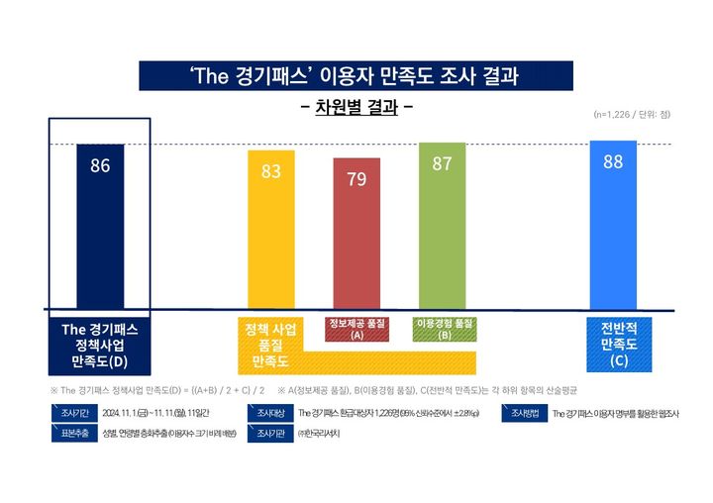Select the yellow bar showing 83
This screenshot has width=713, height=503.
pos(270,238)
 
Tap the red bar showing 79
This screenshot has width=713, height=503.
pos(356,243)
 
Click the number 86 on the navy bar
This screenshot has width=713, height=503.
pos(100,166)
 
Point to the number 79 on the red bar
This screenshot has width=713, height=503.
pos(356,179)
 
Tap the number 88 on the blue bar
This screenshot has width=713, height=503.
pos(613,161)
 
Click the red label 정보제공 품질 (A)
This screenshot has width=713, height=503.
pos(356,330)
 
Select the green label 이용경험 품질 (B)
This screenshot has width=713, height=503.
pos(445,330)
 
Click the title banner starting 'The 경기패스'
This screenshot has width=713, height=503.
pos(356,75)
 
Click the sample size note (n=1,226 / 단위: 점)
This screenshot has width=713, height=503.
pos(632,115)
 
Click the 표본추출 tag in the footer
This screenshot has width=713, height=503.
pos(75,434)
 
